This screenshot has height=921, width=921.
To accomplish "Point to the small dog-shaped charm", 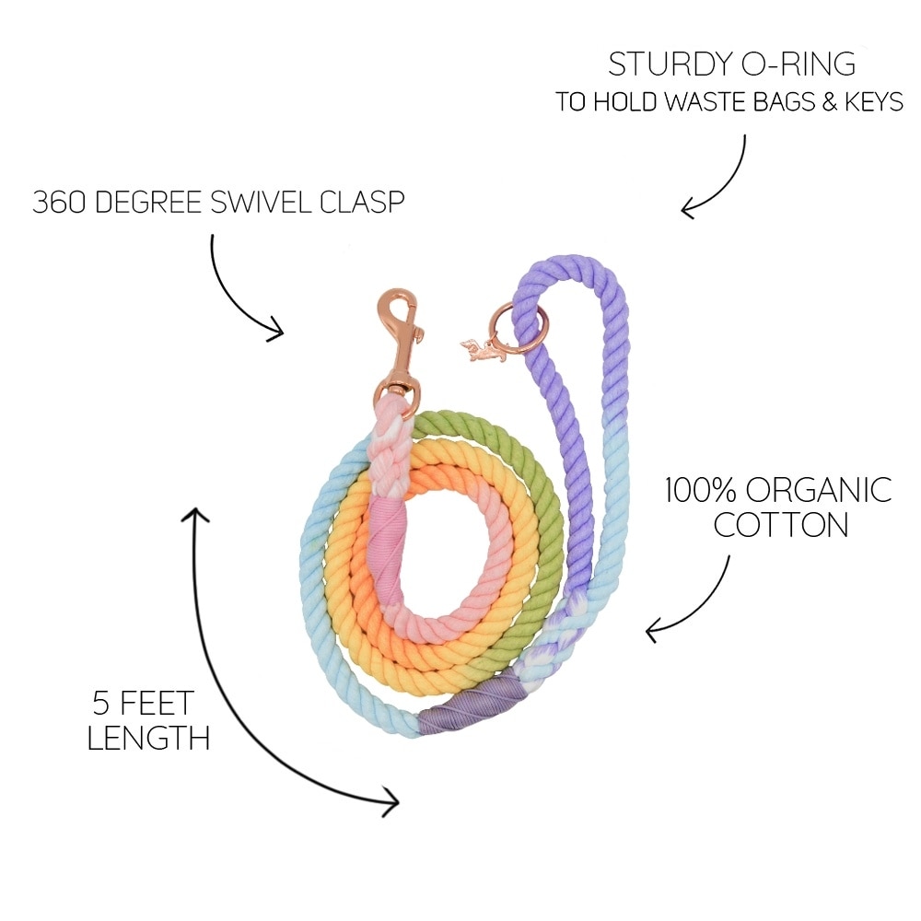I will click(483, 350).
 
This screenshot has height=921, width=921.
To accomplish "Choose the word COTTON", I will click(781, 525).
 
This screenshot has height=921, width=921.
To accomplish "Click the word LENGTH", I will click(148, 737).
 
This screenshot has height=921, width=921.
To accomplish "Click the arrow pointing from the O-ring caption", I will click(724, 180).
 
